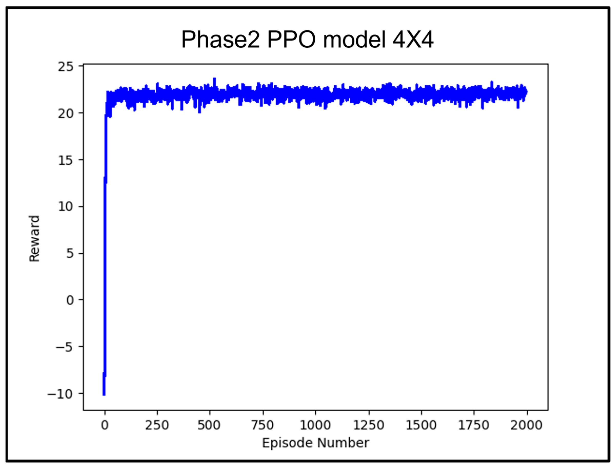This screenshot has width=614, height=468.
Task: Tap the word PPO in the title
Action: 291,40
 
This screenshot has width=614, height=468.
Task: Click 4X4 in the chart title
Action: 413,40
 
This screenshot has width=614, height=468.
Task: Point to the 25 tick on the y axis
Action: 66,67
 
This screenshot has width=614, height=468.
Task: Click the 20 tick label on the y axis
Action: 66,114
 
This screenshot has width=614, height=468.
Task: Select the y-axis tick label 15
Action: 66,161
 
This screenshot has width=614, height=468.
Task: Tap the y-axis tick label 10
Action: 66,207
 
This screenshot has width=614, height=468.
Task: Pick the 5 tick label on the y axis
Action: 70,254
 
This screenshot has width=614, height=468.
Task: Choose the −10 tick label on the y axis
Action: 61,394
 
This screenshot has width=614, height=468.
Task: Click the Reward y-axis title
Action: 34,239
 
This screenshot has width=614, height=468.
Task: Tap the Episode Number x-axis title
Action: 316,443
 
